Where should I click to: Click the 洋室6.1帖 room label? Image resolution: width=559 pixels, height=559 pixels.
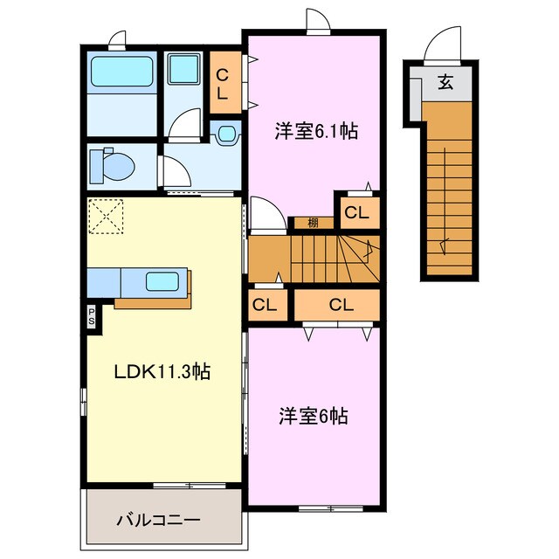[315, 132]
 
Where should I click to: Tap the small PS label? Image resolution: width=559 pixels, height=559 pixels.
[92, 315]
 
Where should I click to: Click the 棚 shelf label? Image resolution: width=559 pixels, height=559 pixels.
[312, 222]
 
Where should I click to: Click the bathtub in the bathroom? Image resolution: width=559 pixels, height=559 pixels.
[121, 71]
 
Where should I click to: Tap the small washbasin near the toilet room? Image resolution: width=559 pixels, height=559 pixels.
[227, 135]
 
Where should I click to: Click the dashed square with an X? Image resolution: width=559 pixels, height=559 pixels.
[107, 217]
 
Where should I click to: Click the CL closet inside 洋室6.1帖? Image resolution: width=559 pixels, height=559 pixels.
[356, 211]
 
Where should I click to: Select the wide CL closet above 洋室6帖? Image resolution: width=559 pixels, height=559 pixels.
[341, 305]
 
